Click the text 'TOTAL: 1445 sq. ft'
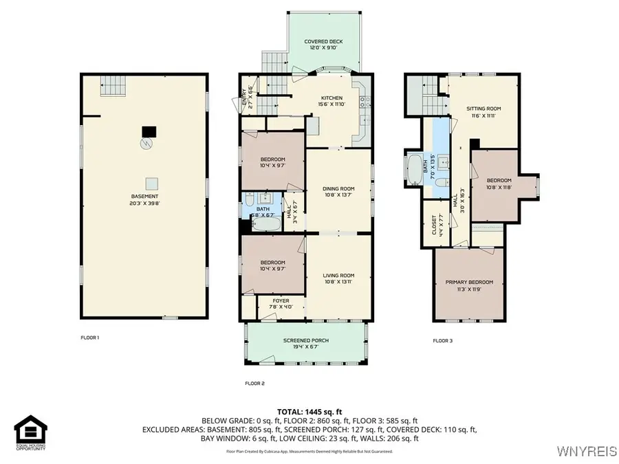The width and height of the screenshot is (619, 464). point(309,410)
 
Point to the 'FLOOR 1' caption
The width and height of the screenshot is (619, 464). point(90,338)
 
